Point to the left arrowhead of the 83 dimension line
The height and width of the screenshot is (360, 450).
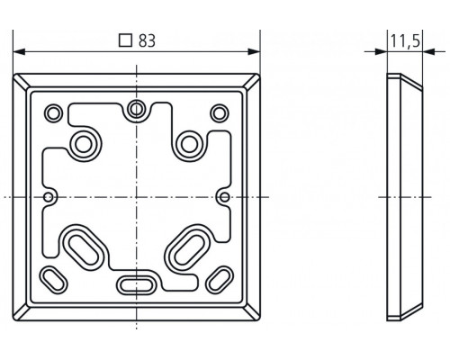click(21, 51)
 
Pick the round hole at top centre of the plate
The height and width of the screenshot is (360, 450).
click(136, 110)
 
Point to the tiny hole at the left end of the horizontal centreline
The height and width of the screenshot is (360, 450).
click(48, 195)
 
